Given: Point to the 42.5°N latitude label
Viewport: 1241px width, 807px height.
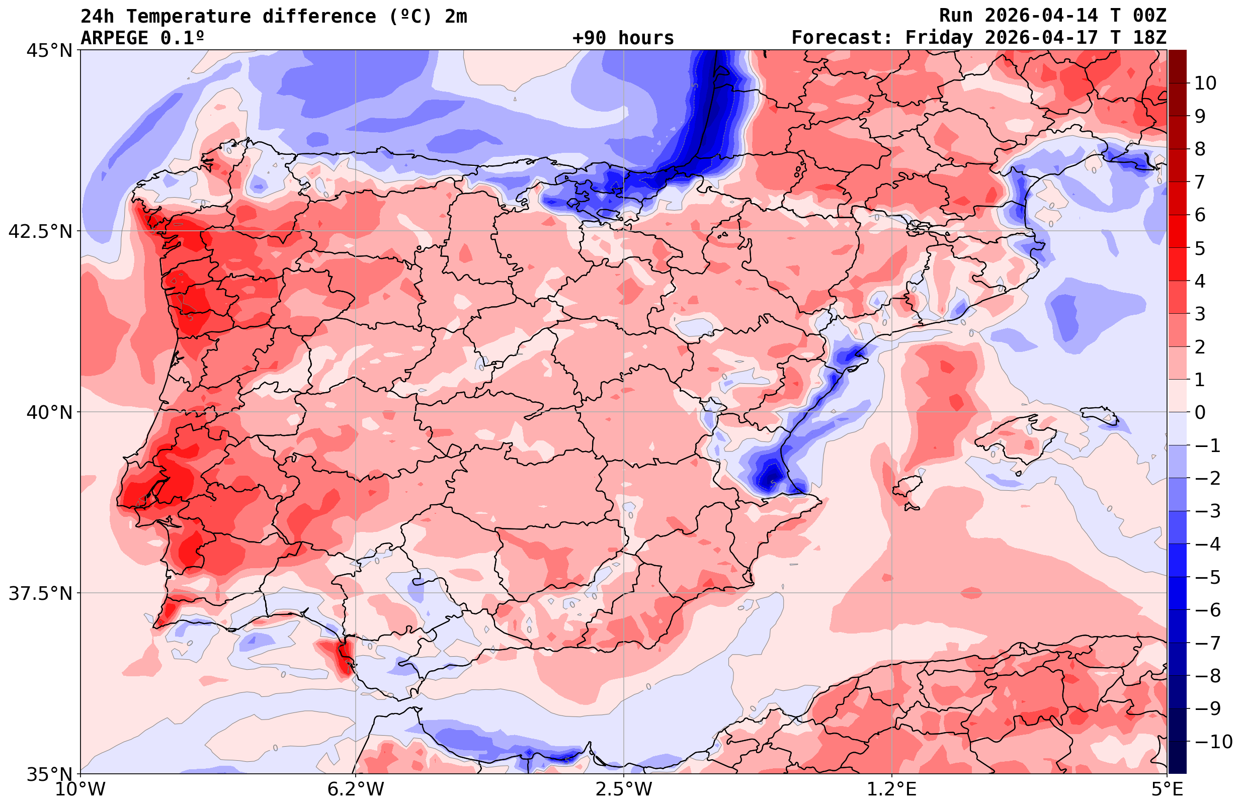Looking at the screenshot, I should click(40, 231).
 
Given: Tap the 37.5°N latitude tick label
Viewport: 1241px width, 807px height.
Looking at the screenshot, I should click(40, 594).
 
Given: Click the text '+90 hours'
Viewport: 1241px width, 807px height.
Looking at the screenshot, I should click(623, 38).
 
